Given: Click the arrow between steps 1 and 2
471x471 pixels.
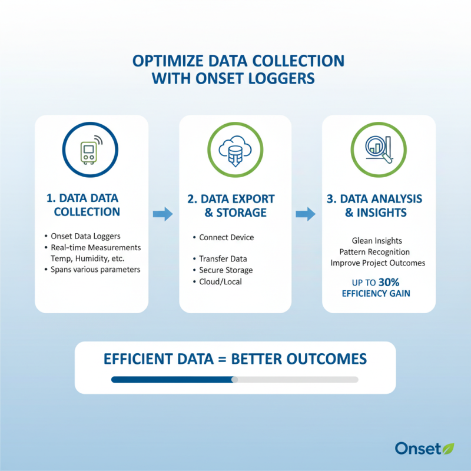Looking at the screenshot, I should (x=163, y=214).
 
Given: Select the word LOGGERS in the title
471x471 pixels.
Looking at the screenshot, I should (x=285, y=78).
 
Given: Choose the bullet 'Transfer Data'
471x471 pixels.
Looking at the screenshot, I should (x=223, y=259).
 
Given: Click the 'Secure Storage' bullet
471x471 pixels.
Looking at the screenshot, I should (x=226, y=270).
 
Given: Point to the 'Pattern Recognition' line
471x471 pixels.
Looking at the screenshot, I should (x=379, y=251).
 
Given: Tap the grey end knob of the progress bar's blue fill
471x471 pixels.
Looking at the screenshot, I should (x=235, y=380).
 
